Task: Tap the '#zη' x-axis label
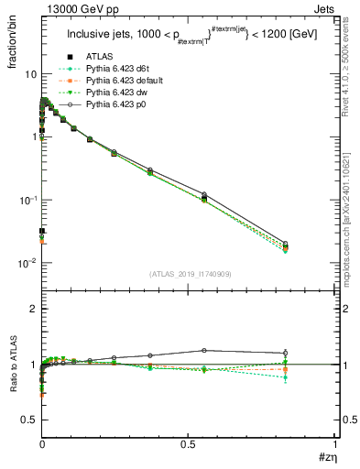pos(326,457)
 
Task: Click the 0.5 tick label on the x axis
pos(189,443)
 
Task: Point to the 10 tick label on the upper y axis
pos(30,74)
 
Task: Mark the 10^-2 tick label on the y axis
pos(28,263)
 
